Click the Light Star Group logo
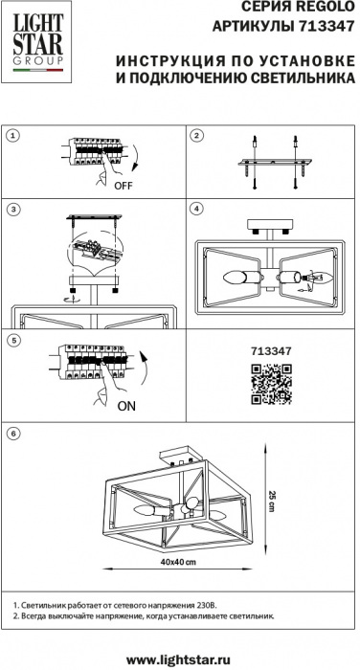click(x=36, y=42)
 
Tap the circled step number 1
click(x=13, y=136)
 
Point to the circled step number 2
click(x=196, y=136)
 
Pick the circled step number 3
click(x=13, y=209)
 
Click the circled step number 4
click(x=196, y=209)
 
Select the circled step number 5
click(x=13, y=341)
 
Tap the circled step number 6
click(x=13, y=434)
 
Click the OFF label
click(x=124, y=186)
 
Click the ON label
click(x=126, y=406)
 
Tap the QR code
click(x=271, y=384)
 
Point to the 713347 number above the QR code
click(x=271, y=351)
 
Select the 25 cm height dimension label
click(x=272, y=501)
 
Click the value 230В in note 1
click(x=208, y=606)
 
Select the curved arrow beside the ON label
click(x=144, y=371)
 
